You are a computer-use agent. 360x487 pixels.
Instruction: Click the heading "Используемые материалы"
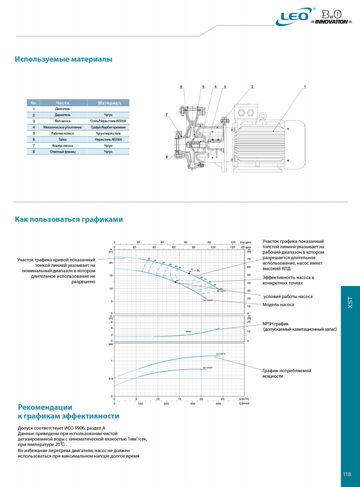[64, 59]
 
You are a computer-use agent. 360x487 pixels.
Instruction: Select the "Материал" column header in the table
[109, 103]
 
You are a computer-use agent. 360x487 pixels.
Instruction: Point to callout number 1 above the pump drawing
[305, 87]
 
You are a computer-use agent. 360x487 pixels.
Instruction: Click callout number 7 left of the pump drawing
[166, 115]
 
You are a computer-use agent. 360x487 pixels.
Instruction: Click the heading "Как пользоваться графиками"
[68, 219]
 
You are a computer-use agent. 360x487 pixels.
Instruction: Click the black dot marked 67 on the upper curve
[189, 273]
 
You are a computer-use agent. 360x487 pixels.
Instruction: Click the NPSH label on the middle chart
[188, 332]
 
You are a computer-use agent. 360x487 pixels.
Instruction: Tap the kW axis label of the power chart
[110, 344]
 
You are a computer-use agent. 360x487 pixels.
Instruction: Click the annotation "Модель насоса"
[279, 305]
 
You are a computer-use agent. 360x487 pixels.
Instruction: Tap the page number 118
[347, 474]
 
